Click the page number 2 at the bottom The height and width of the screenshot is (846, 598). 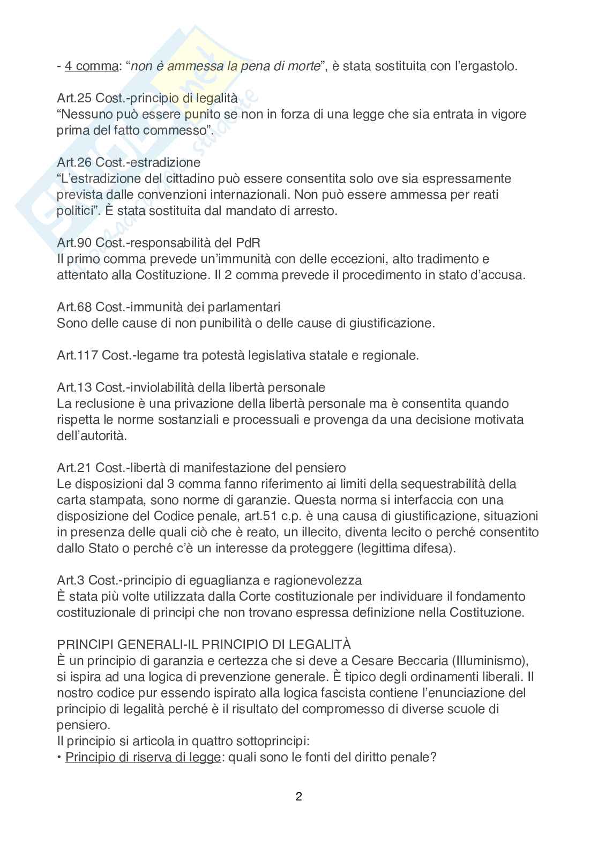[x=298, y=797]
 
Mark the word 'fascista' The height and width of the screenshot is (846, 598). [x=328, y=693]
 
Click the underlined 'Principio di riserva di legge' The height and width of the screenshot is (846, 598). [x=143, y=758]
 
